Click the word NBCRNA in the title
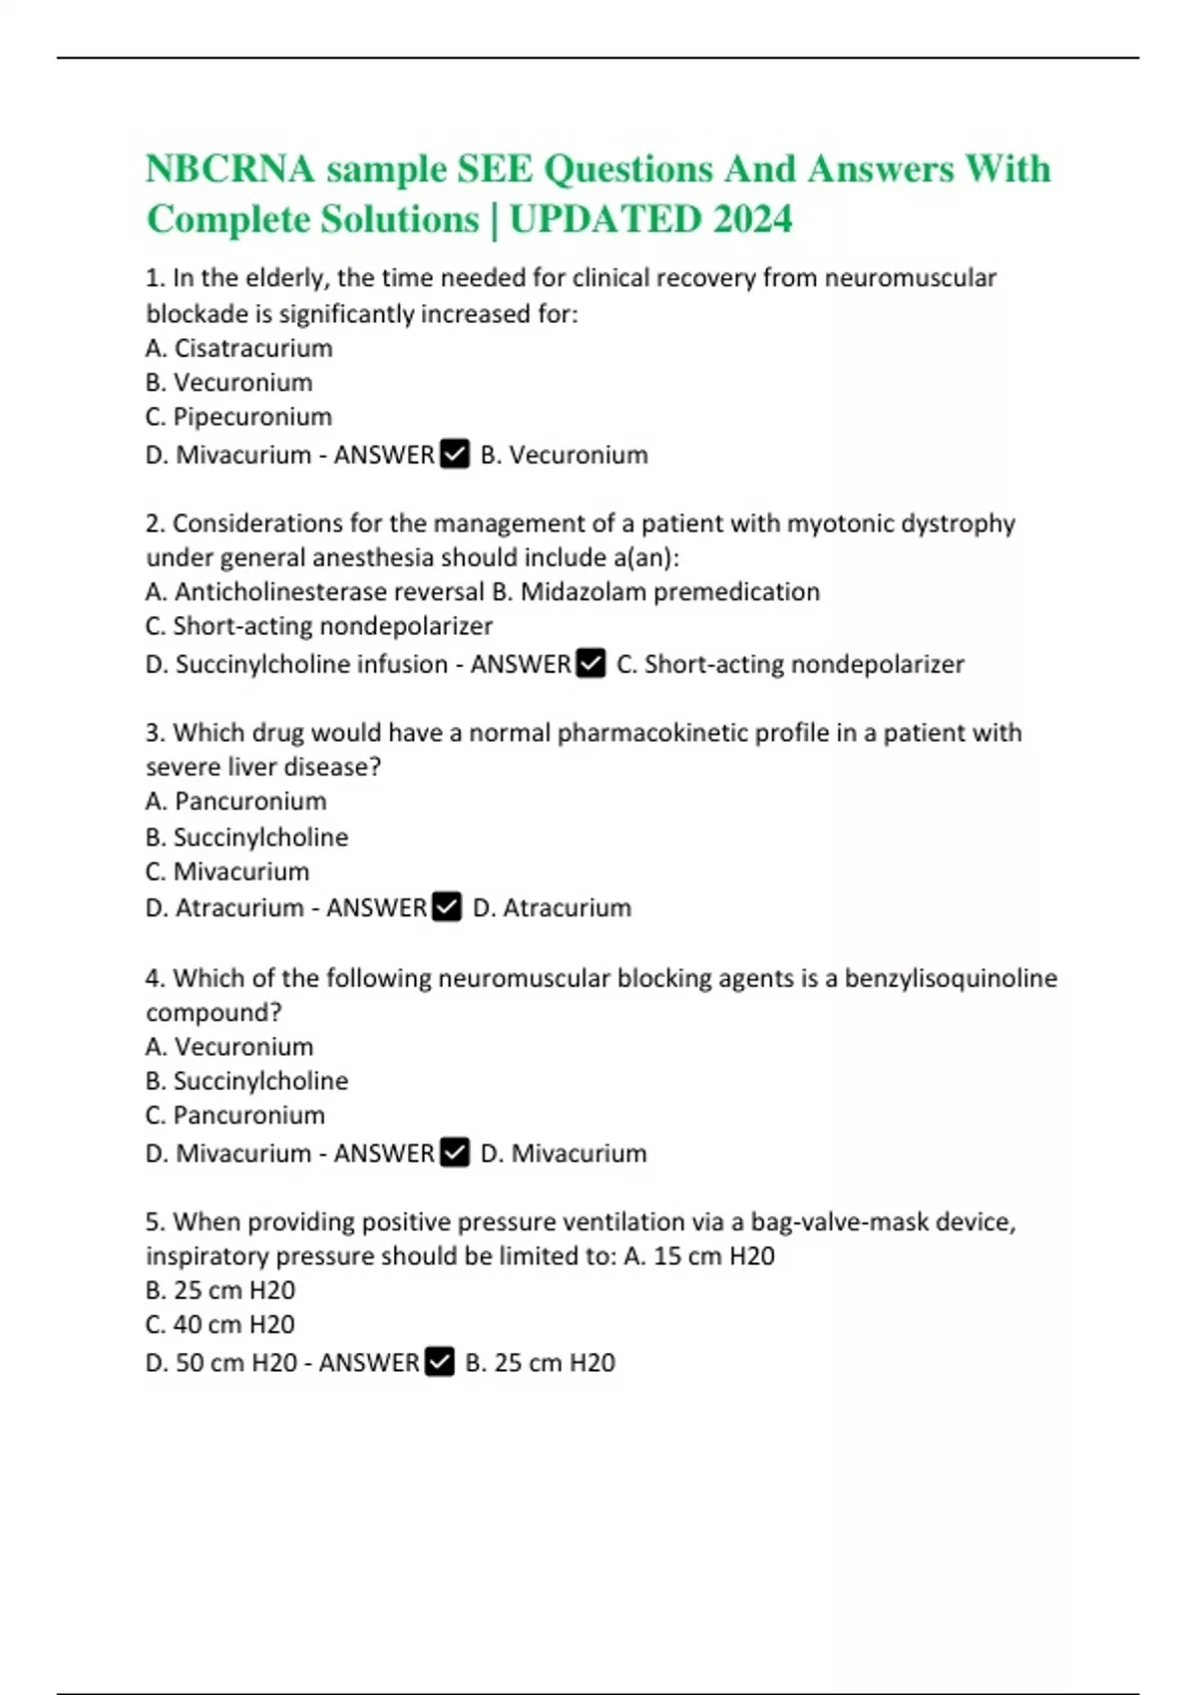[230, 169]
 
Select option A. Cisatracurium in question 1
[239, 348]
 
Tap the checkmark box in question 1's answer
[455, 455]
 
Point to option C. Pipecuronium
[238, 417]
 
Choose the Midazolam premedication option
[656, 591]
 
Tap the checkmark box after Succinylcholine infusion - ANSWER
[592, 664]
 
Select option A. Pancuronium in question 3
[236, 801]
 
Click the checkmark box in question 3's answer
[447, 907]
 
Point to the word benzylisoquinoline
[951, 978]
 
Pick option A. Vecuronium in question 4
[229, 1046]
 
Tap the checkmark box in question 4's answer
[455, 1153]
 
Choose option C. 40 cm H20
[220, 1324]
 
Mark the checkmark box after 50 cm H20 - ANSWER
[440, 1362]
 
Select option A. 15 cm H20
[699, 1255]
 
